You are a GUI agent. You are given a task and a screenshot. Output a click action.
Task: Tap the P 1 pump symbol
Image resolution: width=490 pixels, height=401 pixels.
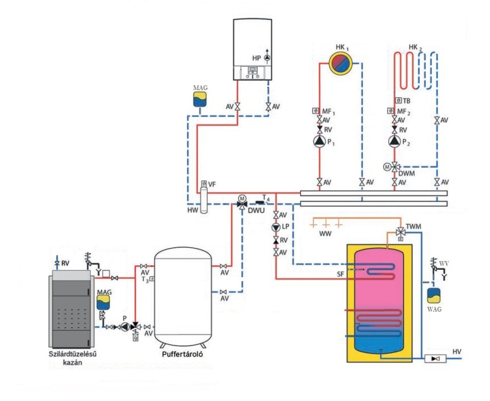(320, 141)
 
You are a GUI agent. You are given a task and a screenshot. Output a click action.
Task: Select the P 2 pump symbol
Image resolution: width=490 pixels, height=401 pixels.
(394, 141)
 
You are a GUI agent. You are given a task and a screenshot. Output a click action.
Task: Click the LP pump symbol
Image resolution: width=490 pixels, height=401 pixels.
(276, 227)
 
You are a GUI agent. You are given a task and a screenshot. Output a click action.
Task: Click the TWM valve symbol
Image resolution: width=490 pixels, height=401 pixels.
(400, 231)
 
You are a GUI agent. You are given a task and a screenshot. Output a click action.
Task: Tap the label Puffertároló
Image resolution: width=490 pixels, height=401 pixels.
(183, 354)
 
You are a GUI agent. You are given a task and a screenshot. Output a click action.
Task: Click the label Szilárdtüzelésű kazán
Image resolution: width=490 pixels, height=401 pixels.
(72, 358)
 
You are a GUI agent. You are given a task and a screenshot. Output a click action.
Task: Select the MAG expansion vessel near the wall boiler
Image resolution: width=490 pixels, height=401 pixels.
(200, 99)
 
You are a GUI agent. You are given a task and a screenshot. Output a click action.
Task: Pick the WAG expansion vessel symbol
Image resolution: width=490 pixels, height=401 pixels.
(434, 296)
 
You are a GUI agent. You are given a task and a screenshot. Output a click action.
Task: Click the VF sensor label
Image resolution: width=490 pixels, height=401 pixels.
(212, 184)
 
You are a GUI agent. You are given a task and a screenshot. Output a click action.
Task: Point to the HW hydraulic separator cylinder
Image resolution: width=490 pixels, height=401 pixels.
(204, 200)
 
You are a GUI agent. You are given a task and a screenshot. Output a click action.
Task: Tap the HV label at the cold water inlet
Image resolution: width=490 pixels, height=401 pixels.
(457, 352)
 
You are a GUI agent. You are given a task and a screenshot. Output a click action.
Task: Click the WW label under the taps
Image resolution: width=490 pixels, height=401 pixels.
(325, 234)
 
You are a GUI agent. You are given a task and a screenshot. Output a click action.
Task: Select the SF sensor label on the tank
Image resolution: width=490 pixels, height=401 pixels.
(340, 274)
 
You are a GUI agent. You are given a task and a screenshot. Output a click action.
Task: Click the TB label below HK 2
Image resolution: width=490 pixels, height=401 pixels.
(407, 101)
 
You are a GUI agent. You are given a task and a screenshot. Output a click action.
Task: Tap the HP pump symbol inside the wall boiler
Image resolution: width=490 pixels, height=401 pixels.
(267, 58)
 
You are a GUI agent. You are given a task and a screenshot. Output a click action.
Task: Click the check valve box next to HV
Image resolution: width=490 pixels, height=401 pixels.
(435, 358)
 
